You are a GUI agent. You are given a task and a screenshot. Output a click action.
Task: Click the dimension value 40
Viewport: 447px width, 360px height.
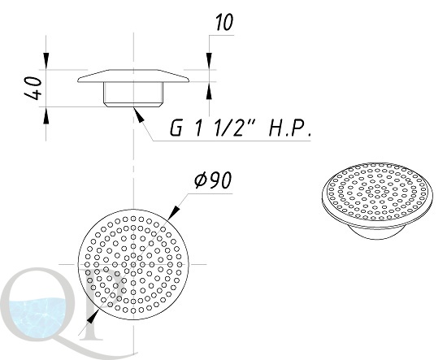[x=33, y=88]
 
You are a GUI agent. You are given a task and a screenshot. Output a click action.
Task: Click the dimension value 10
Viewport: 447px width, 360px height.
[x=224, y=22]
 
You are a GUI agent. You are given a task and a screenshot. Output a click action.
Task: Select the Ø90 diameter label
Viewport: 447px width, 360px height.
[x=213, y=180]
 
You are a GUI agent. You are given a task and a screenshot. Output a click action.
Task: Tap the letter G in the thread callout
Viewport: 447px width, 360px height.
[x=176, y=128]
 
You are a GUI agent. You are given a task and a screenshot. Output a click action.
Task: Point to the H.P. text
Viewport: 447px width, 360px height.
[x=289, y=129]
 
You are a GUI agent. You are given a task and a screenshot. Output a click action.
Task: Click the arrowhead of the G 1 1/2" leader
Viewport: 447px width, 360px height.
[x=138, y=115]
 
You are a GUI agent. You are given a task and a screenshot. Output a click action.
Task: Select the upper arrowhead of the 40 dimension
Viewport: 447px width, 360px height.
[x=46, y=61]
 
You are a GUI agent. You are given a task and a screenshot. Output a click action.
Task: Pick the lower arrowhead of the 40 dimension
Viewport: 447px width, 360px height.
[x=46, y=115]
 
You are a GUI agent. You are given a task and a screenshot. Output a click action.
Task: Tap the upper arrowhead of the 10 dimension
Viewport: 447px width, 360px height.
[x=209, y=61]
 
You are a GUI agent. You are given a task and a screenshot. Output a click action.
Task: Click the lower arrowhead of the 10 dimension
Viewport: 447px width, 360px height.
[x=209, y=91]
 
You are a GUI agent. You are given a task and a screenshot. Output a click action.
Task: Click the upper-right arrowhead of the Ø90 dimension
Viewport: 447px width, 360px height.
[x=174, y=213]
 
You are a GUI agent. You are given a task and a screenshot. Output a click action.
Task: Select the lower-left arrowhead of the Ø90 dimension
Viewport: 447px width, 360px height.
[x=93, y=317]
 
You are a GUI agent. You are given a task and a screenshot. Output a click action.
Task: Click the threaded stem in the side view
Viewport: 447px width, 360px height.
[x=133, y=94]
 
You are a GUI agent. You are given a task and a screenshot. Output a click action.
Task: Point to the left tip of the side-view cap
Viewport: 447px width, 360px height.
[x=78, y=80]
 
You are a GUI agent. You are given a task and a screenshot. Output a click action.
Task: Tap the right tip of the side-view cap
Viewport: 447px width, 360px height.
[x=189, y=80]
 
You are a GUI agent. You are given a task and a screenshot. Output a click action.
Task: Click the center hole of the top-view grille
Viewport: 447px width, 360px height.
[x=133, y=264]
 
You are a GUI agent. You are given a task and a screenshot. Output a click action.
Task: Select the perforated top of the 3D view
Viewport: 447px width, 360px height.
[x=377, y=193]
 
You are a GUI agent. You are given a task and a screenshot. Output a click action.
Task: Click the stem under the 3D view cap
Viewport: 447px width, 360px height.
[x=377, y=232]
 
